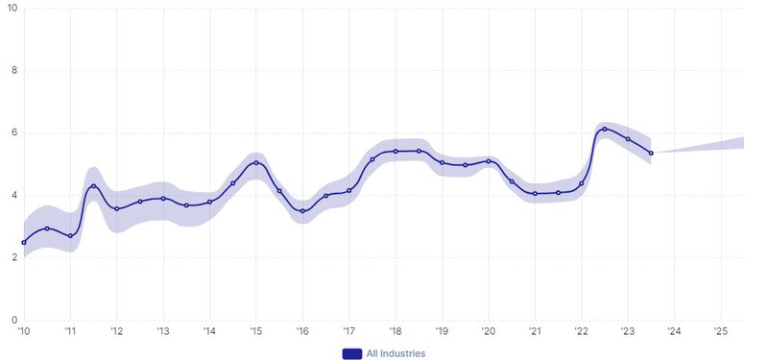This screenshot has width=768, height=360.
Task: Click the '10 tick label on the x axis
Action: pyautogui.click(x=23, y=331)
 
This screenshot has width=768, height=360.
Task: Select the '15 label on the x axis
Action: pyautogui.click(x=255, y=331)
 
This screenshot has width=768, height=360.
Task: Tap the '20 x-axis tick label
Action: pyautogui.click(x=488, y=331)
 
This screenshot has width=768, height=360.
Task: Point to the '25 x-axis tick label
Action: pyautogui.click(x=720, y=331)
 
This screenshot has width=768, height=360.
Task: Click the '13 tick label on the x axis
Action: pyautogui.click(x=162, y=331)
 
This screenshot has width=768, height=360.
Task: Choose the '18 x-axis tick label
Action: pyautogui.click(x=395, y=331)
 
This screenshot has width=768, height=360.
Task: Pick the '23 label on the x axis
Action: pyautogui.click(x=627, y=331)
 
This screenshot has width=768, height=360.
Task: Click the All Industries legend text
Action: pyautogui.click(x=396, y=353)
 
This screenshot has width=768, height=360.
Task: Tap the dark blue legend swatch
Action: pyautogui.click(x=351, y=353)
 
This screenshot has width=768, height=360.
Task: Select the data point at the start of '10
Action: pyautogui.click(x=24, y=242)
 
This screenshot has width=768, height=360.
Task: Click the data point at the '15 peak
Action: pyautogui.click(x=255, y=163)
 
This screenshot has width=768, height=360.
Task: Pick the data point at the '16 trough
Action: pyautogui.click(x=302, y=211)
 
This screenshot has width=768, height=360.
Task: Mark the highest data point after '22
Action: pyautogui.click(x=605, y=129)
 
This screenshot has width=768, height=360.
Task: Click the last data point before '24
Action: pyautogui.click(x=651, y=153)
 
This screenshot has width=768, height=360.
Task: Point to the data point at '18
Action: pyautogui.click(x=396, y=151)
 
